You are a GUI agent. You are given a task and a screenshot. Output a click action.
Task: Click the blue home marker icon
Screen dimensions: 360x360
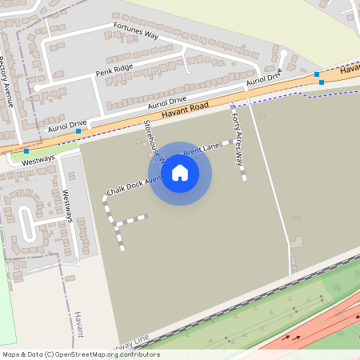coord(180,173)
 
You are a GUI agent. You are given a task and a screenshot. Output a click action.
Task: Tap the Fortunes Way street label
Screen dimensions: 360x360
coord(136,31)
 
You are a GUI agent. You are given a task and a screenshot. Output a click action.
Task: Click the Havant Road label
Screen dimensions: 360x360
coord(185,110)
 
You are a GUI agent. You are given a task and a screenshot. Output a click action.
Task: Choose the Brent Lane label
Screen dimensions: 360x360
coord(201,149)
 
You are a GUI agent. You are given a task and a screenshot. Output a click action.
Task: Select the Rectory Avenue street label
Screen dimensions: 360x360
coord(8,80)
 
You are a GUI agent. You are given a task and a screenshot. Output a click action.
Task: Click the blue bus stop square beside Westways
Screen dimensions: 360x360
coord(26,150)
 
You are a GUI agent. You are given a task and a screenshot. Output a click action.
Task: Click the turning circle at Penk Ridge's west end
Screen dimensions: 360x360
coord(37,87)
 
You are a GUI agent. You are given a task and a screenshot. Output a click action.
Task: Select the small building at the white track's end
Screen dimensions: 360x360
coord(297,241)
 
